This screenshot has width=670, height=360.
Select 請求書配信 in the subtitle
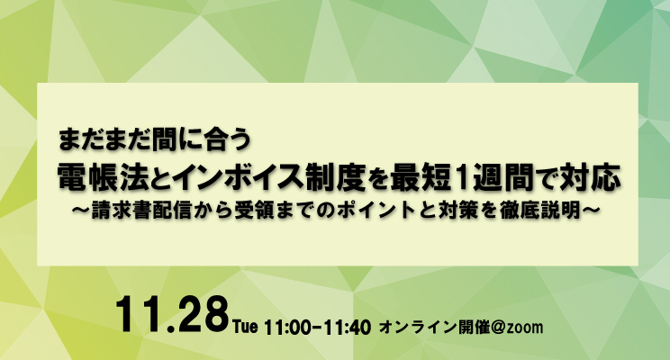tap(141, 211)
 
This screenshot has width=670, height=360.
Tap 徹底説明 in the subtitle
tap(539, 211)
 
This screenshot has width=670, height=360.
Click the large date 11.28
tap(172, 315)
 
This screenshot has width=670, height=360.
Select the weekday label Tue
tap(246, 327)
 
